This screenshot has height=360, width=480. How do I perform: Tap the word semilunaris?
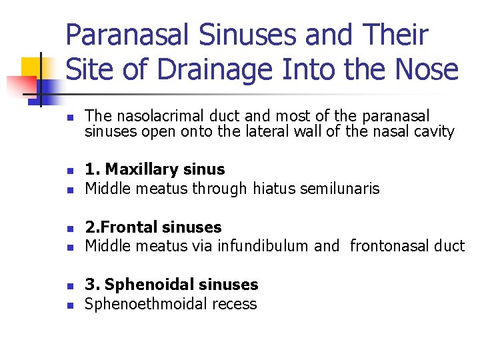point(342,189)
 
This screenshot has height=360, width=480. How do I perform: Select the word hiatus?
point(275,189)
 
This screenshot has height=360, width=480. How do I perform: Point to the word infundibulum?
point(267,246)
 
